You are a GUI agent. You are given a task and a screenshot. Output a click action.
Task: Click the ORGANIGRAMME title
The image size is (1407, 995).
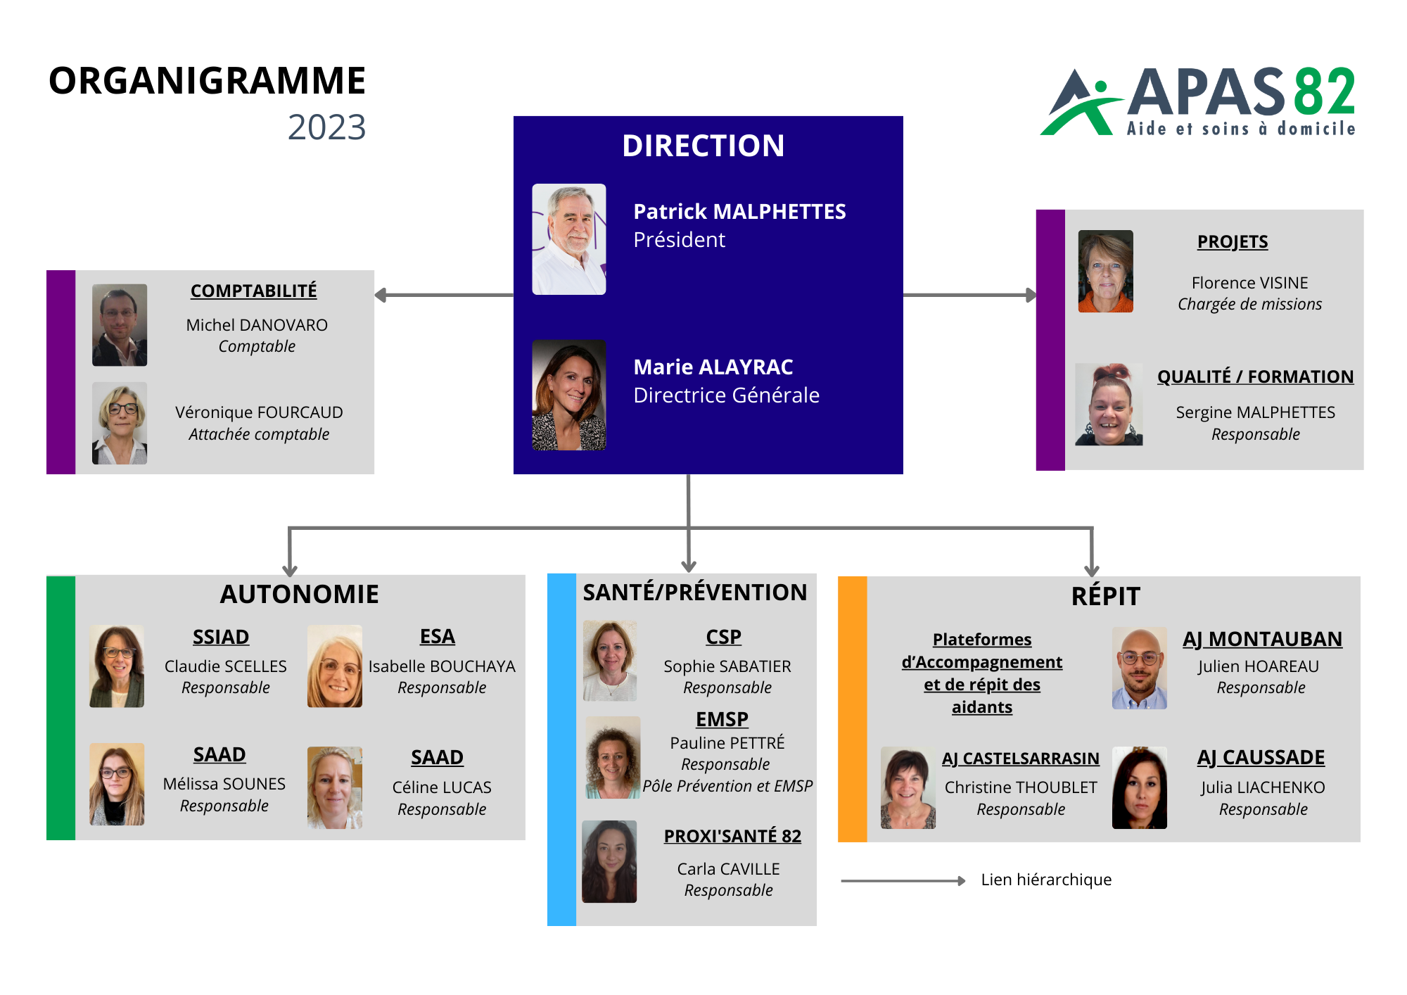pos(208,81)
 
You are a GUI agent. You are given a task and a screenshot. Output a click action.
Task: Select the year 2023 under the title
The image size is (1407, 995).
pos(327,127)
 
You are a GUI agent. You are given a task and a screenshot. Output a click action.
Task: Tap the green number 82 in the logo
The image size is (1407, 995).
pos(1325,91)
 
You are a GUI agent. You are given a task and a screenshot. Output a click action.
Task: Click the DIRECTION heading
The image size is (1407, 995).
pos(703,146)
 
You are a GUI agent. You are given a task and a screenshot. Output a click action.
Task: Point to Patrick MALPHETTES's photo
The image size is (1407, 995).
pos(569,239)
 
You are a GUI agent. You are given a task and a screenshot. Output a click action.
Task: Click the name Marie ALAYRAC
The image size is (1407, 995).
pos(713,367)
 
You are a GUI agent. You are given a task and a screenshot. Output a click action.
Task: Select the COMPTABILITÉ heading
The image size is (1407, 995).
pos(254,291)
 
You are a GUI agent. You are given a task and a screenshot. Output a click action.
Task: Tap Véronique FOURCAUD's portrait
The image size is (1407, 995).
pos(120,423)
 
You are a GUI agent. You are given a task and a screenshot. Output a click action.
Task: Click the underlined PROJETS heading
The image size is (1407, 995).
pos(1233,242)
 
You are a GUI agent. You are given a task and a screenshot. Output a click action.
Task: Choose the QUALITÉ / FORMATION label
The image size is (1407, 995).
pos(1256,376)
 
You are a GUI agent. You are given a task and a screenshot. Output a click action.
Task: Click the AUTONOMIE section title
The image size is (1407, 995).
pos(300,595)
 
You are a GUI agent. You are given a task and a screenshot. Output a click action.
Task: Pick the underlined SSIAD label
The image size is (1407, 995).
pos(221,637)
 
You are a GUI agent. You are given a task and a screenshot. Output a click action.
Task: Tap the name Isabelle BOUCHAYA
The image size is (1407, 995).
pos(442,666)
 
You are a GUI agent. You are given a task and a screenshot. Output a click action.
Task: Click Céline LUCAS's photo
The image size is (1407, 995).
pos(335,787)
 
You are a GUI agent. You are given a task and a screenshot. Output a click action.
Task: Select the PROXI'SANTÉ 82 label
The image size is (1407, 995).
pos(732,836)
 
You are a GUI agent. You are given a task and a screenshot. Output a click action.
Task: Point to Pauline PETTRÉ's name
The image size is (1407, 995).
pos(727,742)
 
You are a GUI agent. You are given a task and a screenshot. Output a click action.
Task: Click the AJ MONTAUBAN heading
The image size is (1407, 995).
pos(1263,639)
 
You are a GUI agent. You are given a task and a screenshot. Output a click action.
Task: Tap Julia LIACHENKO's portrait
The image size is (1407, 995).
pos(1140,787)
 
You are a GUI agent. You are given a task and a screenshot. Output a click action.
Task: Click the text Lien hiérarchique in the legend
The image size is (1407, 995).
pos(1047,880)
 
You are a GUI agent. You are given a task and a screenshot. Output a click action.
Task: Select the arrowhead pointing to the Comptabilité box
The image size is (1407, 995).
pos(381,295)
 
